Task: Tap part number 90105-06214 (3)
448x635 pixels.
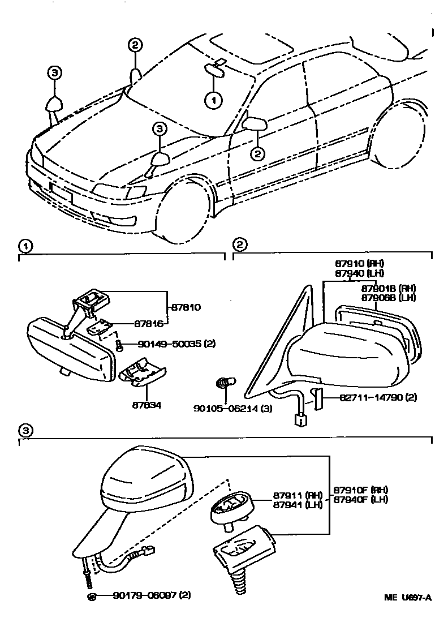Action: [x=230, y=407]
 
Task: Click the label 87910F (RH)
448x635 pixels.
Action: [x=360, y=490]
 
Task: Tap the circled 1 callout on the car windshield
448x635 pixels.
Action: [x=213, y=101]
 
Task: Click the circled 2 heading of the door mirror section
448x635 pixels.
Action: [x=239, y=245]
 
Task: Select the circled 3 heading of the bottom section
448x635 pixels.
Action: [x=25, y=430]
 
